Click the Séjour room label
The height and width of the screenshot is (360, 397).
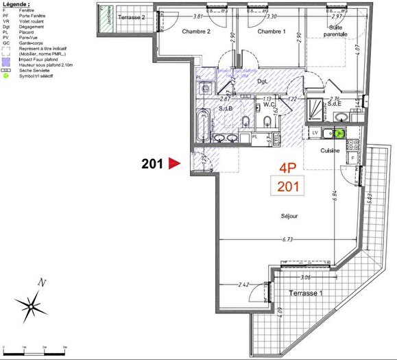point(290,216)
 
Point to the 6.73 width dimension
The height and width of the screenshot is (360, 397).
point(287,240)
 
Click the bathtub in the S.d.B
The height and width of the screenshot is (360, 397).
point(202,124)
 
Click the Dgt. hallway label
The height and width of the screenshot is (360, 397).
point(261,81)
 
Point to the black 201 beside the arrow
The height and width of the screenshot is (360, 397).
point(152,164)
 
